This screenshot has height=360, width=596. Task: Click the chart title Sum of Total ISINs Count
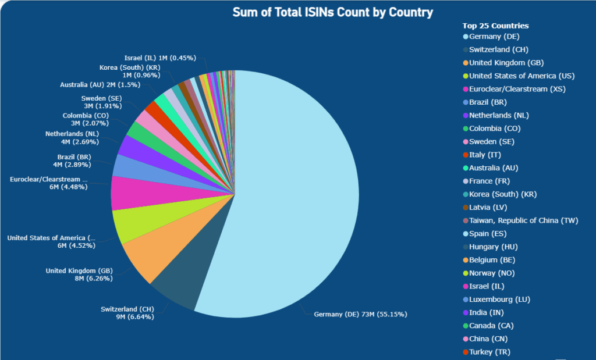pyautogui.click(x=333, y=12)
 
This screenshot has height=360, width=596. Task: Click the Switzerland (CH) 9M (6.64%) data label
pyautogui.click(x=127, y=312)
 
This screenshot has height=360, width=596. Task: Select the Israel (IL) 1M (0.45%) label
pyautogui.click(x=160, y=58)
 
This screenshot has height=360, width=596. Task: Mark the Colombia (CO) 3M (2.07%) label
pyautogui.click(x=88, y=119)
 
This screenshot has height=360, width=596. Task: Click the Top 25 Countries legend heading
pyautogui.click(x=495, y=26)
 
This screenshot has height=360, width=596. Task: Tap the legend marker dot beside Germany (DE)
pyautogui.click(x=465, y=37)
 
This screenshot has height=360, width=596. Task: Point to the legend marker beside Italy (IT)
pyautogui.click(x=465, y=155)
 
